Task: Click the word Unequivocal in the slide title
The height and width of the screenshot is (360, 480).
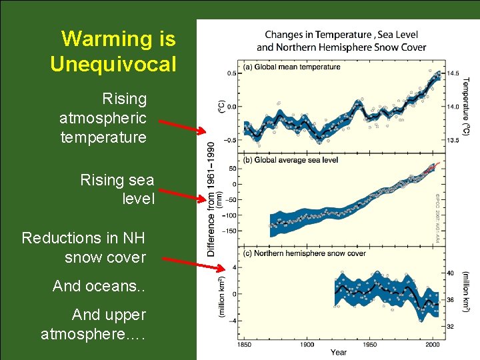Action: pos(113,65)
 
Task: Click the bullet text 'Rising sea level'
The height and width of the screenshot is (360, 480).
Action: pos(117,189)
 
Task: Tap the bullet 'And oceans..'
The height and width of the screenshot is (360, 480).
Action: pos(99,286)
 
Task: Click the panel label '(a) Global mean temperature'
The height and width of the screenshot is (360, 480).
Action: pos(292,67)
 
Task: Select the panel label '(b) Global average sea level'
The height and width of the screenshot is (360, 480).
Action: pos(291,160)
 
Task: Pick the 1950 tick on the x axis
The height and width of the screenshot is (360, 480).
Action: pos(369,344)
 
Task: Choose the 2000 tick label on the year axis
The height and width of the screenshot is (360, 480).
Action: pos(433,344)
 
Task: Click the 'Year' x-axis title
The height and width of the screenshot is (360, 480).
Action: pos(338,352)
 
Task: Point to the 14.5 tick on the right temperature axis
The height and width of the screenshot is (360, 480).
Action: pos(453,73)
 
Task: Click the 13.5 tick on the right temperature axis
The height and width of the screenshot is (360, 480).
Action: pos(453,141)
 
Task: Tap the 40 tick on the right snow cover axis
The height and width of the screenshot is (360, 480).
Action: pos(450,273)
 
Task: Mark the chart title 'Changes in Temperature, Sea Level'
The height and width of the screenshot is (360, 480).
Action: pos(341,35)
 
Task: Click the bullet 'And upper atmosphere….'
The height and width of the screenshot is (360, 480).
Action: pos(93,323)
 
